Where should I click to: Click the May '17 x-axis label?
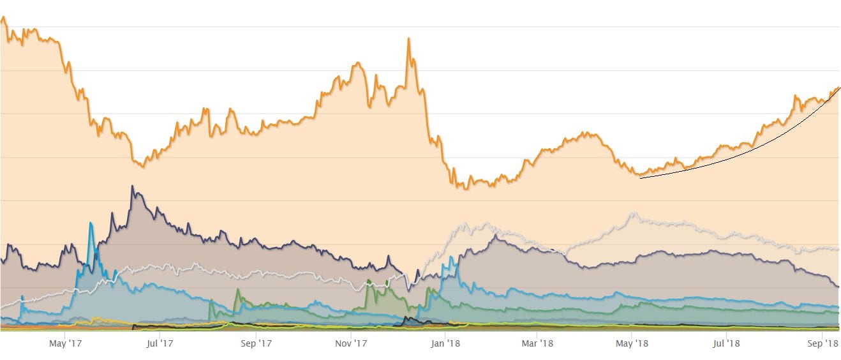66,343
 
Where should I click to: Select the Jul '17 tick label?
160,343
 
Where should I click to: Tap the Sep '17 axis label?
257,343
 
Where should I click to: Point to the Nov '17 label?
352,343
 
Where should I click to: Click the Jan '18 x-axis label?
445,343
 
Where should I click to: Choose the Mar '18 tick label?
538,343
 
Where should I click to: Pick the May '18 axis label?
632,343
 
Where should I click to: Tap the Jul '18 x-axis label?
726,343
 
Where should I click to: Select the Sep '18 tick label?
823,343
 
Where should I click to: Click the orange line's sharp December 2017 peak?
408,38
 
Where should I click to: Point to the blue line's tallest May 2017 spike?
91,223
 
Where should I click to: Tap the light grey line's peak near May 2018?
632,213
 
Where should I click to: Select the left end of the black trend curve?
640,177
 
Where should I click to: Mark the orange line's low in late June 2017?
142,167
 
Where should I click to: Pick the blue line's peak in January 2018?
452,257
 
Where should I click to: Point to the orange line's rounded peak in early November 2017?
358,63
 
